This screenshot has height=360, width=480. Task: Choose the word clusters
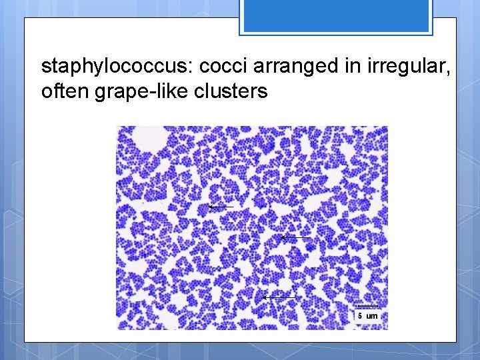[233, 91]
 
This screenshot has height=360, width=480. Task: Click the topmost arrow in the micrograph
[221, 207]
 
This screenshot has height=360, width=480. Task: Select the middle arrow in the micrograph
[295, 237]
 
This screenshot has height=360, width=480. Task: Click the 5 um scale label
[368, 315]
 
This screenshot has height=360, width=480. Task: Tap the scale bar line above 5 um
[368, 307]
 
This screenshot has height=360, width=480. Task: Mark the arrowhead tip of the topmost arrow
[209, 207]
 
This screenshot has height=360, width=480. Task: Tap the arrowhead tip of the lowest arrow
[263, 297]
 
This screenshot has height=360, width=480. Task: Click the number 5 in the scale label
[360, 315]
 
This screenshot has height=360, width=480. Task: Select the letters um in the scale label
[372, 316]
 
